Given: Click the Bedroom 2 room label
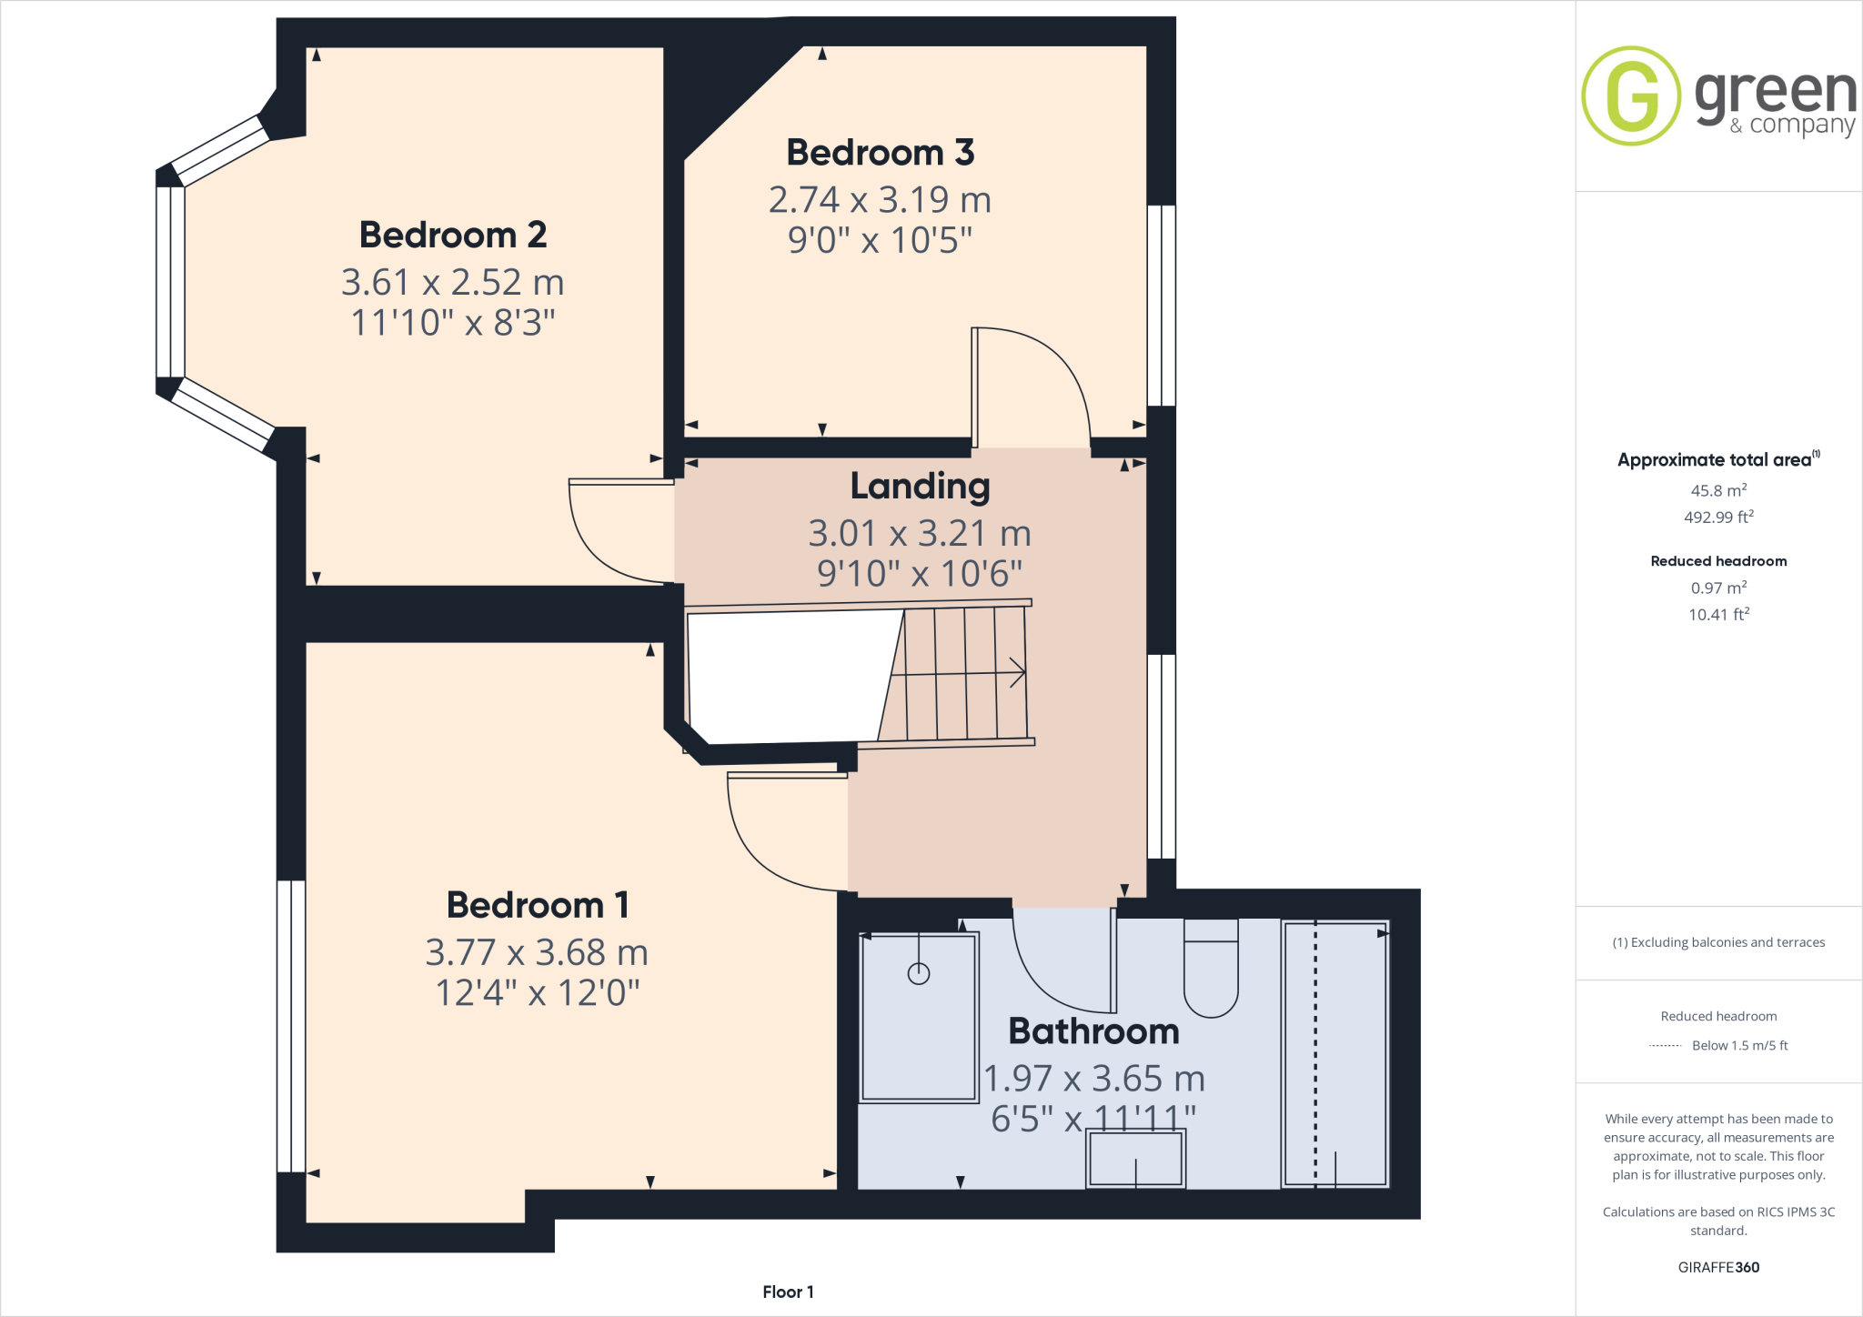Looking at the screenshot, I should (453, 235).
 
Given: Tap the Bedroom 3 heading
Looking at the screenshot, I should (880, 152).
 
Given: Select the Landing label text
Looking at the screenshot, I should (920, 486).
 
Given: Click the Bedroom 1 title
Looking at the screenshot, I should (538, 905).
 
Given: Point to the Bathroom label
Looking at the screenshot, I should (1093, 1030).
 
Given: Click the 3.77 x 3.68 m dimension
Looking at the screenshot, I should (537, 952).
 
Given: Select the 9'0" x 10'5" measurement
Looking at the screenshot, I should (880, 240).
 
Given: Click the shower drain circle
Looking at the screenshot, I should (919, 974).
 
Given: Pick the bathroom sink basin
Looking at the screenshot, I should (1135, 1160).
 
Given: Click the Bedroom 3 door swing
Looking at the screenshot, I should (1037, 382).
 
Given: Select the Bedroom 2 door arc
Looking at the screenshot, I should (609, 537).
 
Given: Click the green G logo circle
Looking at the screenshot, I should (1631, 96).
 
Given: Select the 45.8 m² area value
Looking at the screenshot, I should (1718, 490).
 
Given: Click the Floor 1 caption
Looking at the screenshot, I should (788, 1292).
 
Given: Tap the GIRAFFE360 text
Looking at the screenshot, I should (1718, 1267).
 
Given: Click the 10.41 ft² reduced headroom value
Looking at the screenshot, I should (1718, 615).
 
